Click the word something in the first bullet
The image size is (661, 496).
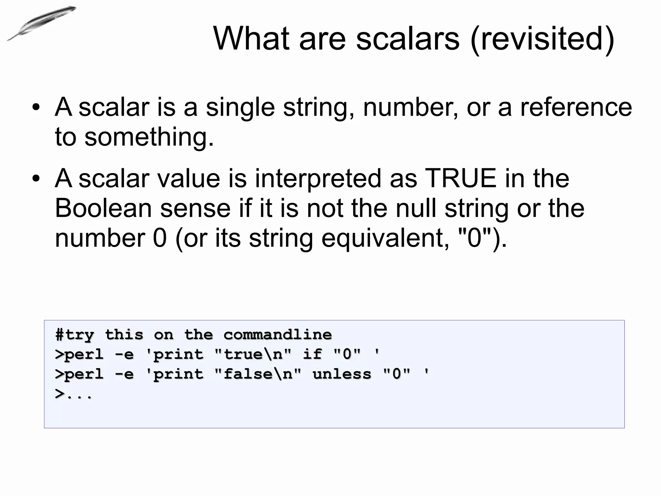[x=148, y=137]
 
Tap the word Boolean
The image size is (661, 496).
[x=103, y=208]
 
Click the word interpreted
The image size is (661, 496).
[x=318, y=179]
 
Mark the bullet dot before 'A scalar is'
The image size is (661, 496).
[x=36, y=108]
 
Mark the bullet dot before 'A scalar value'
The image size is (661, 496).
[x=36, y=179]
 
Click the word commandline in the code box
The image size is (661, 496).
[x=278, y=335]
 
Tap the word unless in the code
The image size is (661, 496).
[x=342, y=374]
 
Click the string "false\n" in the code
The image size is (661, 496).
[x=258, y=374]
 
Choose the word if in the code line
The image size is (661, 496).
[x=312, y=355]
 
